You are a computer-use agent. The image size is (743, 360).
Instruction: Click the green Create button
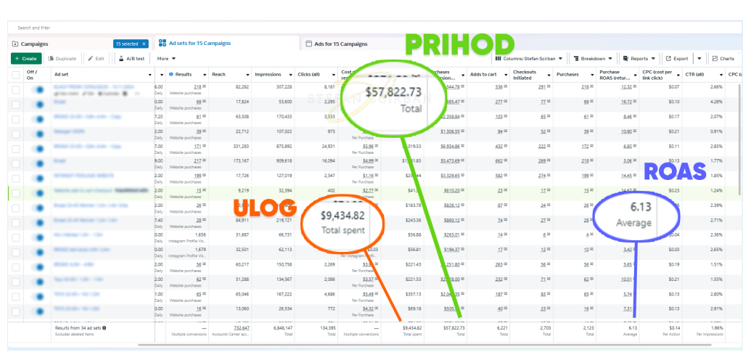[x=26, y=58]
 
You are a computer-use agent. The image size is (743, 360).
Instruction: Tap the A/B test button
[x=131, y=58]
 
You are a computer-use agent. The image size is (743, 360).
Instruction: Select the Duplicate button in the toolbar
[x=63, y=58]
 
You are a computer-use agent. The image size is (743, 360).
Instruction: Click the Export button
[x=677, y=58]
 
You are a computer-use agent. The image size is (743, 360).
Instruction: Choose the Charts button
[x=723, y=58]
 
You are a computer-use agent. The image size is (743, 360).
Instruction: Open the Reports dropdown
[x=639, y=58]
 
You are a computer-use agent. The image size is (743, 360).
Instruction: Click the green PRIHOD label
[x=459, y=45]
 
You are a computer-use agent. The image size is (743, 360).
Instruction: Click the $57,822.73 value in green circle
[x=394, y=92]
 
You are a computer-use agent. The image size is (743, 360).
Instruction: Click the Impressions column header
[x=268, y=74]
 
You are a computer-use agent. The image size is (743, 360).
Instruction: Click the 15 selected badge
[x=129, y=44]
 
